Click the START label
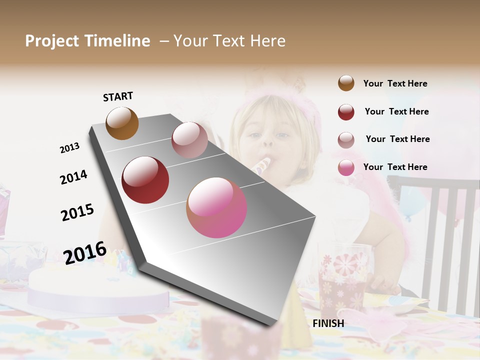(x=118, y=96)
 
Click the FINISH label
(x=328, y=323)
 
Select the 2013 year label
(x=70, y=148)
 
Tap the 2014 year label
(x=73, y=177)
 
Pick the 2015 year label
(x=77, y=212)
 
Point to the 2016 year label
(x=85, y=252)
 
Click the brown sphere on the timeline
(x=122, y=123)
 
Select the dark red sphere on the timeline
(x=145, y=180)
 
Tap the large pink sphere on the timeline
(x=216, y=207)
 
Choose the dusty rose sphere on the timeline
(x=189, y=140)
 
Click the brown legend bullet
(x=346, y=83)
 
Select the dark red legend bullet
(x=346, y=112)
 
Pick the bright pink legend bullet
(x=346, y=167)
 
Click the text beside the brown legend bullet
(x=395, y=83)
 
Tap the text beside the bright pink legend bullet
(x=395, y=167)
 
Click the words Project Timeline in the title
(x=87, y=41)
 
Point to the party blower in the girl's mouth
(x=262, y=165)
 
